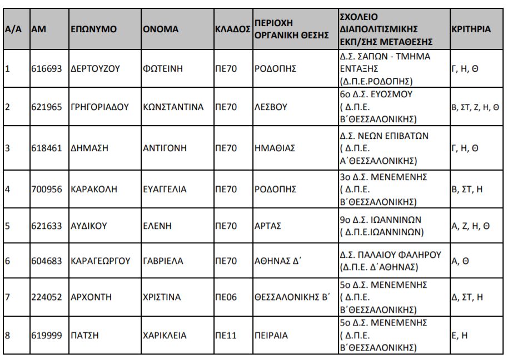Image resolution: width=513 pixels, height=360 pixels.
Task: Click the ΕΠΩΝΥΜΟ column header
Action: click(93, 29)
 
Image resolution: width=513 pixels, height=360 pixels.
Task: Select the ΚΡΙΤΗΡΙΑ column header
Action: click(471, 29)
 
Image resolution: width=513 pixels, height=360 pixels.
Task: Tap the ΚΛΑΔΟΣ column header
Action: click(232, 29)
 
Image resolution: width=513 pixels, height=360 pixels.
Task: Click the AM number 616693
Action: click(46, 69)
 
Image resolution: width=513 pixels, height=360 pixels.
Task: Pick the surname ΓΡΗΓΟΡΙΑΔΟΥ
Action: click(100, 107)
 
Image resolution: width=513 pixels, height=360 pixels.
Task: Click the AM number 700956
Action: click(46, 189)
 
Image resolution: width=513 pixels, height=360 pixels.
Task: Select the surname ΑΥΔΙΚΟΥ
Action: click(89, 226)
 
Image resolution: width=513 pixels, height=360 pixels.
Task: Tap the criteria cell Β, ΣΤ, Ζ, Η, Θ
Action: click(475, 107)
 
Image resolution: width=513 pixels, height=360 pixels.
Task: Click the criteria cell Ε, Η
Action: click(459, 336)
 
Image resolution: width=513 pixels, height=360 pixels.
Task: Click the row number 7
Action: click(8, 297)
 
